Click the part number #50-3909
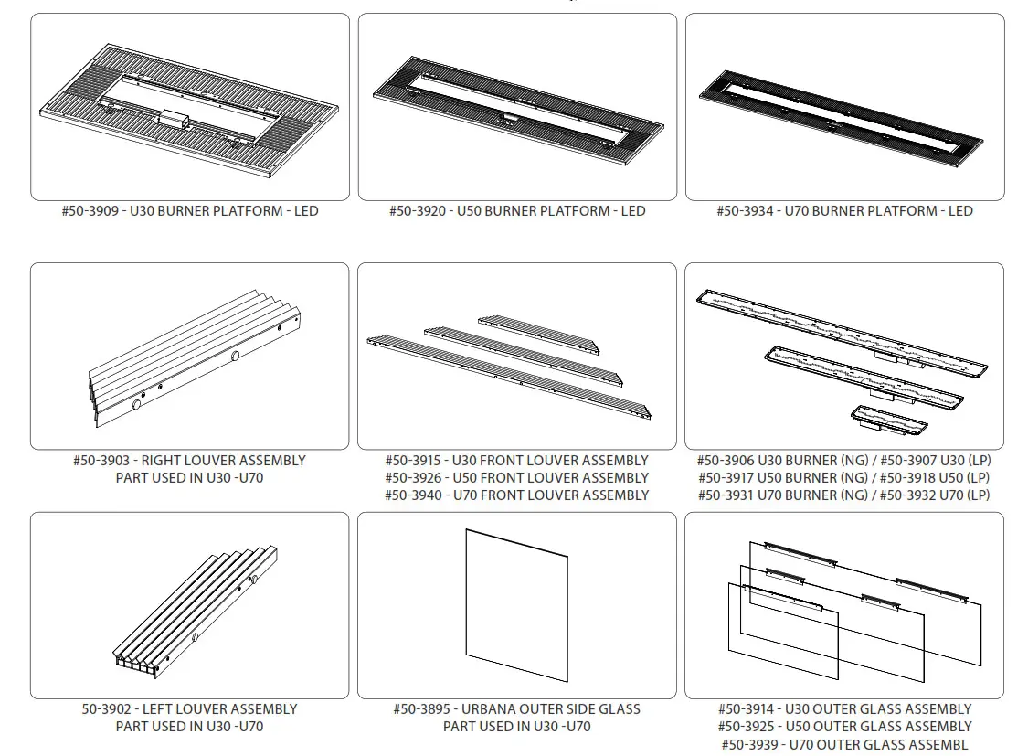(x=90, y=211)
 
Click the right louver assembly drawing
(x=195, y=356)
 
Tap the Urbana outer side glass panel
(x=516, y=604)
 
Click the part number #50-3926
(x=414, y=478)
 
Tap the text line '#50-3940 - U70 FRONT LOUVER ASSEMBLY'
(x=516, y=495)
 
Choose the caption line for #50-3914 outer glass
(x=844, y=709)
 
